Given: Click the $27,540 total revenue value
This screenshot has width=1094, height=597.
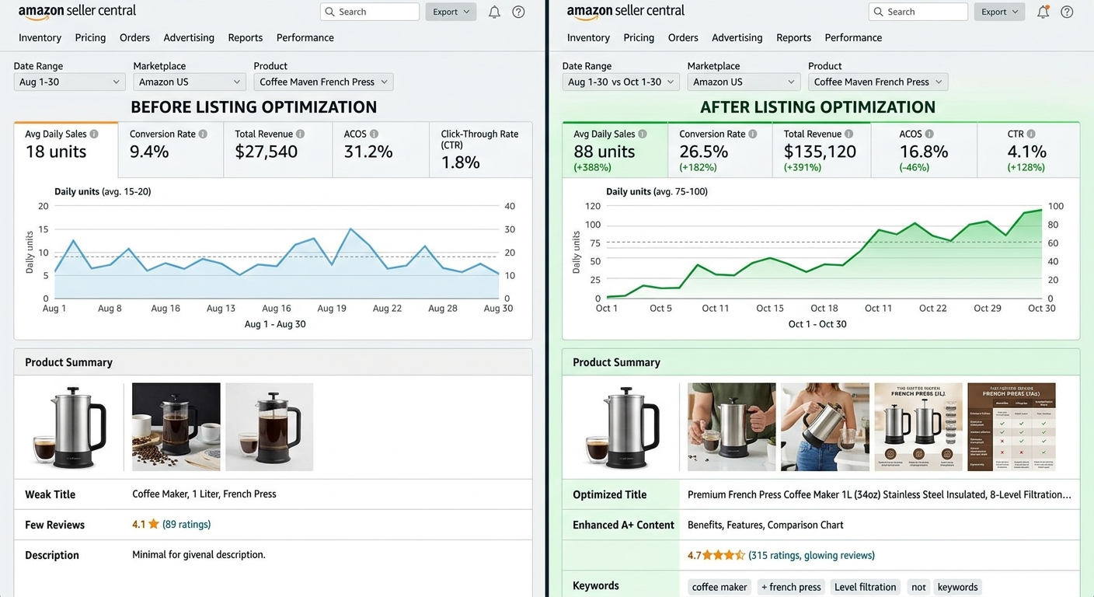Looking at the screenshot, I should [x=266, y=152].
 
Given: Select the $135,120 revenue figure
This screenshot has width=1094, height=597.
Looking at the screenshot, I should [x=820, y=152].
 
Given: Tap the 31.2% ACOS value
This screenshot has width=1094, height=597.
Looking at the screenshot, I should [x=368, y=152].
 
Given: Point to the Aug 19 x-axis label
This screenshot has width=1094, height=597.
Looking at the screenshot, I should [x=332, y=309].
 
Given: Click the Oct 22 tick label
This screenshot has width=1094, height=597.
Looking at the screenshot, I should [x=932, y=309].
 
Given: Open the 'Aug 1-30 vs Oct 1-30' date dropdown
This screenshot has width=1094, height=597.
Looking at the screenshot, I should [x=620, y=82].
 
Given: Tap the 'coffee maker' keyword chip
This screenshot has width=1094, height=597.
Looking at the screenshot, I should [x=719, y=587].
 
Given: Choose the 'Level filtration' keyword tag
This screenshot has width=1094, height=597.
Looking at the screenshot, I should [x=865, y=587].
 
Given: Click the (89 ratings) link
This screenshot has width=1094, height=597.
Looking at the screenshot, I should [x=186, y=525].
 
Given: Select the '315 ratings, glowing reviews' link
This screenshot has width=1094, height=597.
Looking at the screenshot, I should [x=811, y=555].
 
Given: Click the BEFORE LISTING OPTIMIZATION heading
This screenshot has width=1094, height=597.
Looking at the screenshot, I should [x=253, y=107].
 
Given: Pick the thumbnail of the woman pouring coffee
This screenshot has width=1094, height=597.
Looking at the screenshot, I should [x=824, y=427].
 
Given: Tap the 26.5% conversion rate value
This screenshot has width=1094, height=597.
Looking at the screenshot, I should [x=703, y=152].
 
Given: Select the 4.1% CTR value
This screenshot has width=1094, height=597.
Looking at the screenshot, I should [x=1026, y=152].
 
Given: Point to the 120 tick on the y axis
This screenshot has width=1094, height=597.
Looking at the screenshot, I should [x=592, y=206].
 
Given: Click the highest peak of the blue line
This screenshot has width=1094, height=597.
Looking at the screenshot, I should [x=350, y=229].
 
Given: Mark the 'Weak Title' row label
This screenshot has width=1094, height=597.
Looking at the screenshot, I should [x=50, y=494].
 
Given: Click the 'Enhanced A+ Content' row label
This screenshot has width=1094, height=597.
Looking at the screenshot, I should [x=623, y=525].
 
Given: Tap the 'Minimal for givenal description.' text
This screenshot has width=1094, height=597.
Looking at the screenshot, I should [x=199, y=555].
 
